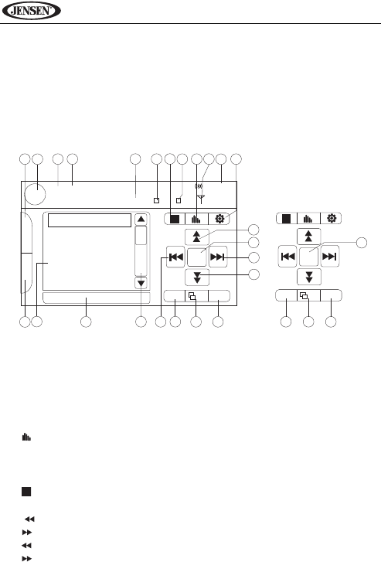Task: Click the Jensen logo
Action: [x=31, y=10]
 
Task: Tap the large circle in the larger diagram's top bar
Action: [x=35, y=193]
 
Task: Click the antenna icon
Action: [x=201, y=198]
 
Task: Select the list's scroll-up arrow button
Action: [x=141, y=220]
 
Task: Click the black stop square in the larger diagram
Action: [x=175, y=219]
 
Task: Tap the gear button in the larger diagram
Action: [x=219, y=218]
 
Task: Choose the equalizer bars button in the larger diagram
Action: [x=196, y=219]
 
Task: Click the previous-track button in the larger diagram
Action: [x=175, y=257]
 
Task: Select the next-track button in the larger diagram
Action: [x=218, y=257]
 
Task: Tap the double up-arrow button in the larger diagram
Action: [x=197, y=237]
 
